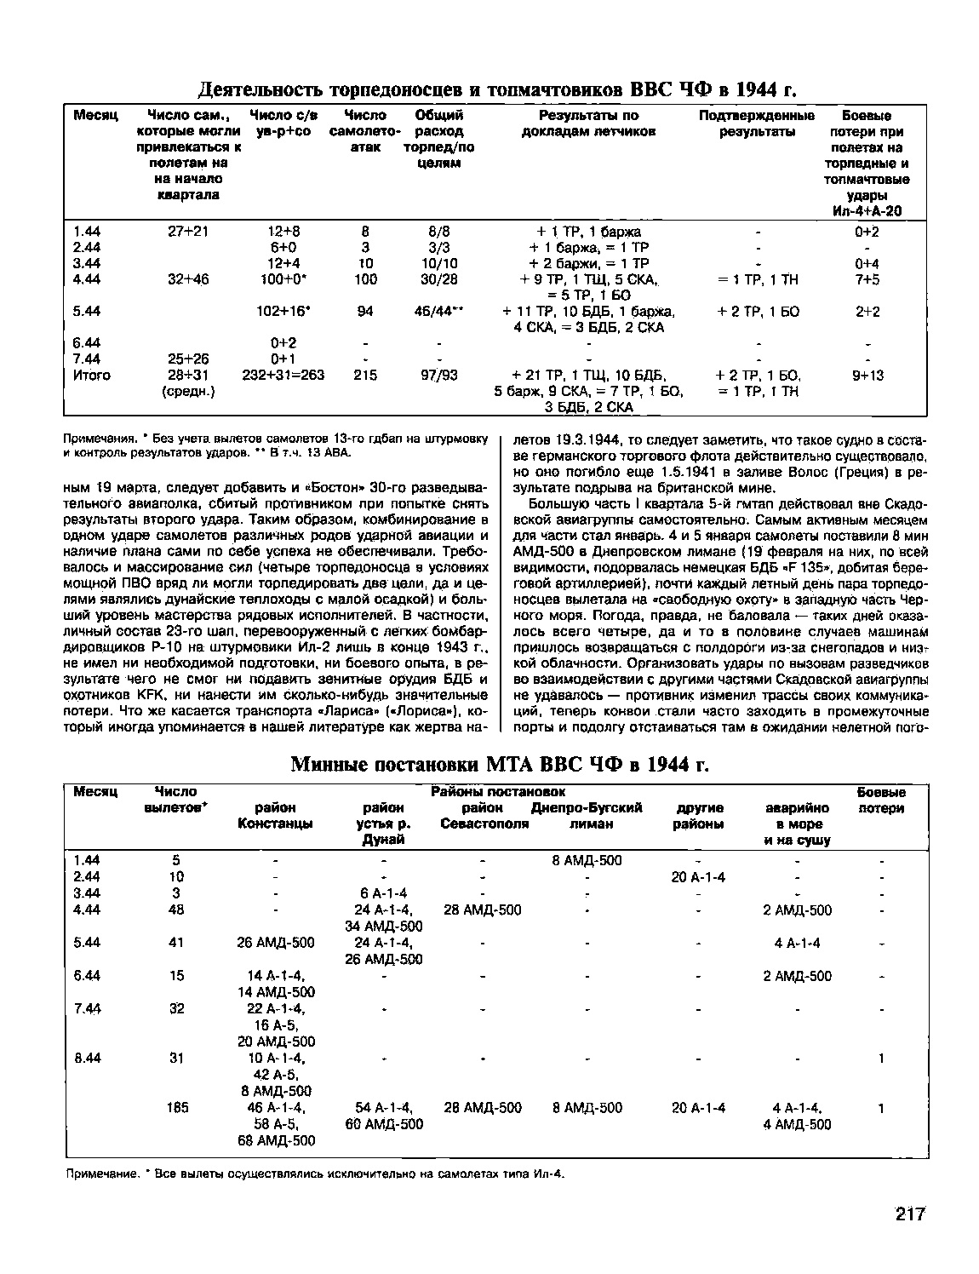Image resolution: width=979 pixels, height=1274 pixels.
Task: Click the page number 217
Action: [x=909, y=1214]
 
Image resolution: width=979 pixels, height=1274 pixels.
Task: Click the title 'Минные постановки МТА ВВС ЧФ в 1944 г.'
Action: [x=500, y=763]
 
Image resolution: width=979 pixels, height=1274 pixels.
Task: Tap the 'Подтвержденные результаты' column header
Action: [x=756, y=123]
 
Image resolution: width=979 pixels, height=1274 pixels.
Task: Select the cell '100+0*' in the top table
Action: [x=283, y=279]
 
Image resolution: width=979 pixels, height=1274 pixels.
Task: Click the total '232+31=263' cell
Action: [x=283, y=375]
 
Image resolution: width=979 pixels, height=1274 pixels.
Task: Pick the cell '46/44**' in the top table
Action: [x=438, y=312]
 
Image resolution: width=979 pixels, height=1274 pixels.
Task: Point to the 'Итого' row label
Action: [x=92, y=375]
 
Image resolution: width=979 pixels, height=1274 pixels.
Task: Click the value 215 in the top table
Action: [x=365, y=375]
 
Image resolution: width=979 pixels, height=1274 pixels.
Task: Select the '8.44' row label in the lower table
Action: [x=88, y=1059]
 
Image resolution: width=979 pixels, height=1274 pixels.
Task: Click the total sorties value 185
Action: [x=177, y=1108]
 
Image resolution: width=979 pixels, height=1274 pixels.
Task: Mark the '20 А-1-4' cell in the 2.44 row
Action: [x=698, y=877]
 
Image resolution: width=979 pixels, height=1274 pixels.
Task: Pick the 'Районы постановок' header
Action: [x=498, y=792]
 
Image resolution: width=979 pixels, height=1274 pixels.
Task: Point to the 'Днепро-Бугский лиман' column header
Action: [x=587, y=815]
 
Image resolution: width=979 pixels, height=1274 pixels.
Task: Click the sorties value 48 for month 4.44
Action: [x=177, y=910]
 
